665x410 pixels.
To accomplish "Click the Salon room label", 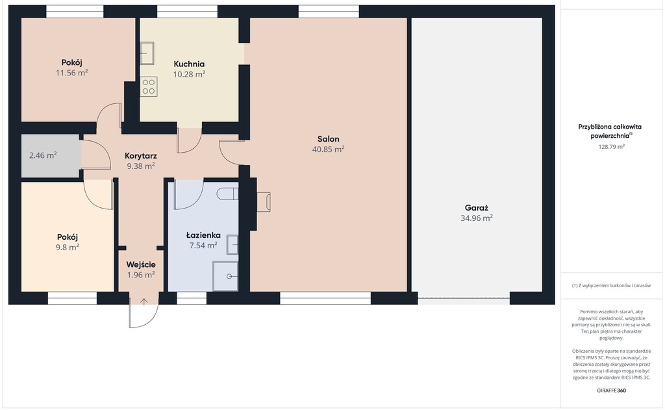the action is tap(328, 139).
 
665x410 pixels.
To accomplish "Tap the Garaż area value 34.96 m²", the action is tap(476, 218).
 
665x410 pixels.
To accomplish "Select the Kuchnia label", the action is tap(189, 64).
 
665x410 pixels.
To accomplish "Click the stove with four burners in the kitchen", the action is tap(149, 86).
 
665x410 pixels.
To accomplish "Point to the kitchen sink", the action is tap(147, 53).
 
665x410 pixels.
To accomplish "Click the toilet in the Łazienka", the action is tap(228, 194).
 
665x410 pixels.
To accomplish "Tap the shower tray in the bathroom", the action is tap(225, 276).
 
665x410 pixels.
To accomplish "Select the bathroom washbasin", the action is tap(232, 244).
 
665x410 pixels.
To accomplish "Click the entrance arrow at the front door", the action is tap(144, 301).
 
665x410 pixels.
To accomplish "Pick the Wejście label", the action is tap(141, 264).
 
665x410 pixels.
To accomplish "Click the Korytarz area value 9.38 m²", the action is tap(141, 166).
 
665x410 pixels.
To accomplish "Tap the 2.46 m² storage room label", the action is tap(43, 155).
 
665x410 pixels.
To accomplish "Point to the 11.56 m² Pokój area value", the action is tap(71, 73).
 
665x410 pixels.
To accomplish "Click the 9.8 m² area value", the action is tap(68, 247).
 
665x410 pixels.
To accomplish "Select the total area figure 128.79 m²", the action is tap(611, 147).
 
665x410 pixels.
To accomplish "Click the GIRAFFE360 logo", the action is tap(611, 391).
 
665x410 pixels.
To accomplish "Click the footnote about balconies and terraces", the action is tap(611, 286).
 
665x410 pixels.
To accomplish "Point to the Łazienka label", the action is tap(203, 235).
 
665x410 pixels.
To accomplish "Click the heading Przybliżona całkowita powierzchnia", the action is tap(610, 131).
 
